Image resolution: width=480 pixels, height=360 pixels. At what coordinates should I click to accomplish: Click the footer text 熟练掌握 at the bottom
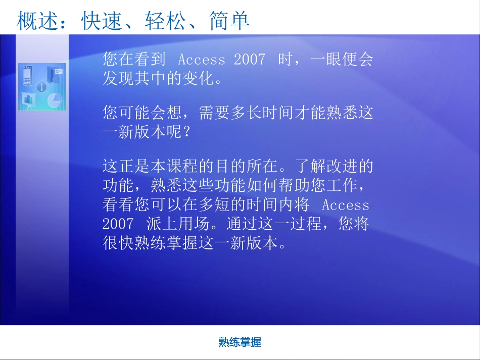pyautogui.click(x=240, y=342)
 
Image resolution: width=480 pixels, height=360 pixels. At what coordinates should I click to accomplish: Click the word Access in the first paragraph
pyautogui.click(x=202, y=60)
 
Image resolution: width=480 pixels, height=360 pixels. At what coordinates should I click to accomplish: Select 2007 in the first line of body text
pyautogui.click(x=249, y=60)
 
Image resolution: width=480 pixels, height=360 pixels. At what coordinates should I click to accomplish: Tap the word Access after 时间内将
pyautogui.click(x=346, y=205)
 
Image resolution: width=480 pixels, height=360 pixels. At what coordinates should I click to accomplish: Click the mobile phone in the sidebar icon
pyautogui.click(x=29, y=77)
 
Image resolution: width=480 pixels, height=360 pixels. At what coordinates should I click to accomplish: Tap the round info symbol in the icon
pyautogui.click(x=41, y=87)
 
